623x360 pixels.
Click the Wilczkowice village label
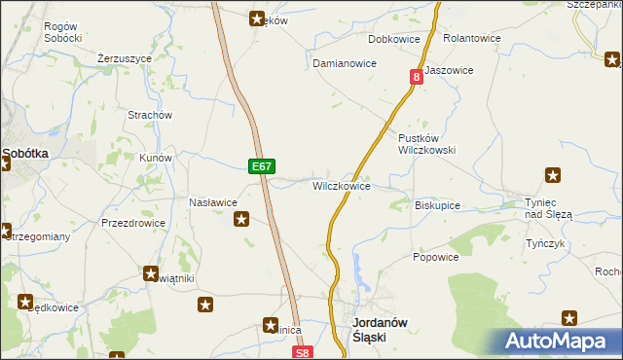(x=341, y=185)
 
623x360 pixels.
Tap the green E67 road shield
(x=260, y=167)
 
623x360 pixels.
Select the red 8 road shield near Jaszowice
(x=417, y=76)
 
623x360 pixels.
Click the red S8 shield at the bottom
(x=304, y=353)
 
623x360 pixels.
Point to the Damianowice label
(x=344, y=63)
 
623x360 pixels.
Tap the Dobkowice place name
(x=393, y=40)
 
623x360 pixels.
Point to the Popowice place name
(x=435, y=257)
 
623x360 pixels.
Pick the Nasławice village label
(x=213, y=202)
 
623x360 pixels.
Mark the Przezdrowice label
(x=133, y=222)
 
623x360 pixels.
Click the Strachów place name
(x=150, y=115)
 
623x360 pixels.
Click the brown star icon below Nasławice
(x=240, y=221)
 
